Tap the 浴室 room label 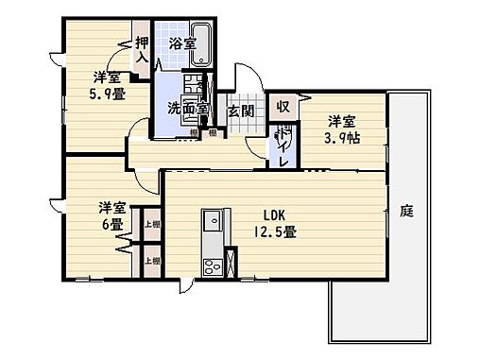pos(182,43)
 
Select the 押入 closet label pos(142,49)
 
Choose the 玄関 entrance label pos(240,111)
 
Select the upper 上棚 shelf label pos(151,225)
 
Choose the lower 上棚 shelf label pos(151,259)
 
